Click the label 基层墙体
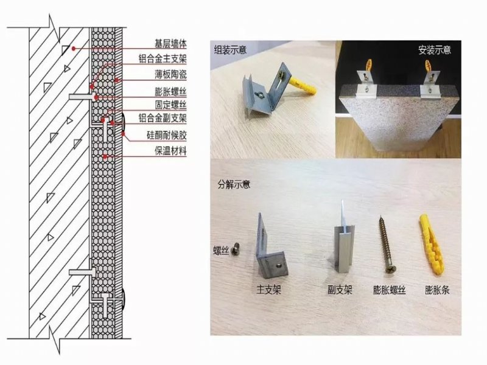pos(170,44)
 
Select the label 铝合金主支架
pos(163,59)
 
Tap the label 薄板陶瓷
pos(170,74)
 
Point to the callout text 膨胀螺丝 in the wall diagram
pos(170,92)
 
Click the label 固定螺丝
pos(170,105)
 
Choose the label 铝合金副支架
pos(163,118)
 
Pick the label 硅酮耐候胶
pos(166,135)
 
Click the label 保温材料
pos(170,151)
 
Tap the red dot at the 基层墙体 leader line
pos(74,49)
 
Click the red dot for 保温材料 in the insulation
pos(105,156)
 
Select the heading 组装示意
pos(230,50)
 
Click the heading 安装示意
pos(435,50)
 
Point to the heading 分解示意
pos(234,185)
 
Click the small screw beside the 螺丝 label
pos(236,249)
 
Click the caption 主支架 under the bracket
pos(268,290)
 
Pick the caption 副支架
pos(340,290)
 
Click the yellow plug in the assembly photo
pos(303,86)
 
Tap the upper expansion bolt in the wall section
pos(82,97)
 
